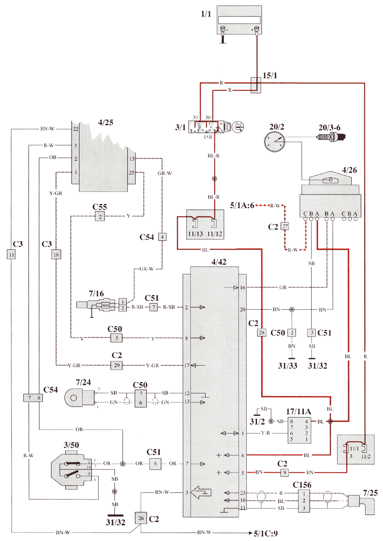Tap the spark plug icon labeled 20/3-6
click(331, 137)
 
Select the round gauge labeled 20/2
click(274, 142)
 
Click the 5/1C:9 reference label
click(266, 533)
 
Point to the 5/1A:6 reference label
click(242, 206)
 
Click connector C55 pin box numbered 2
click(100, 217)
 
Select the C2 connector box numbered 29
click(117, 365)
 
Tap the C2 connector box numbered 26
click(141, 518)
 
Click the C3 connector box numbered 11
click(11, 254)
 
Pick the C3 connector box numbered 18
click(56, 255)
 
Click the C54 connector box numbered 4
click(162, 237)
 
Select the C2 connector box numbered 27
click(285, 226)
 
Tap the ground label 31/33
click(287, 366)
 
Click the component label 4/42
click(219, 262)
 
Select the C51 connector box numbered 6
click(155, 464)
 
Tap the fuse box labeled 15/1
click(256, 85)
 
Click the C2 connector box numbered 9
click(284, 472)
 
